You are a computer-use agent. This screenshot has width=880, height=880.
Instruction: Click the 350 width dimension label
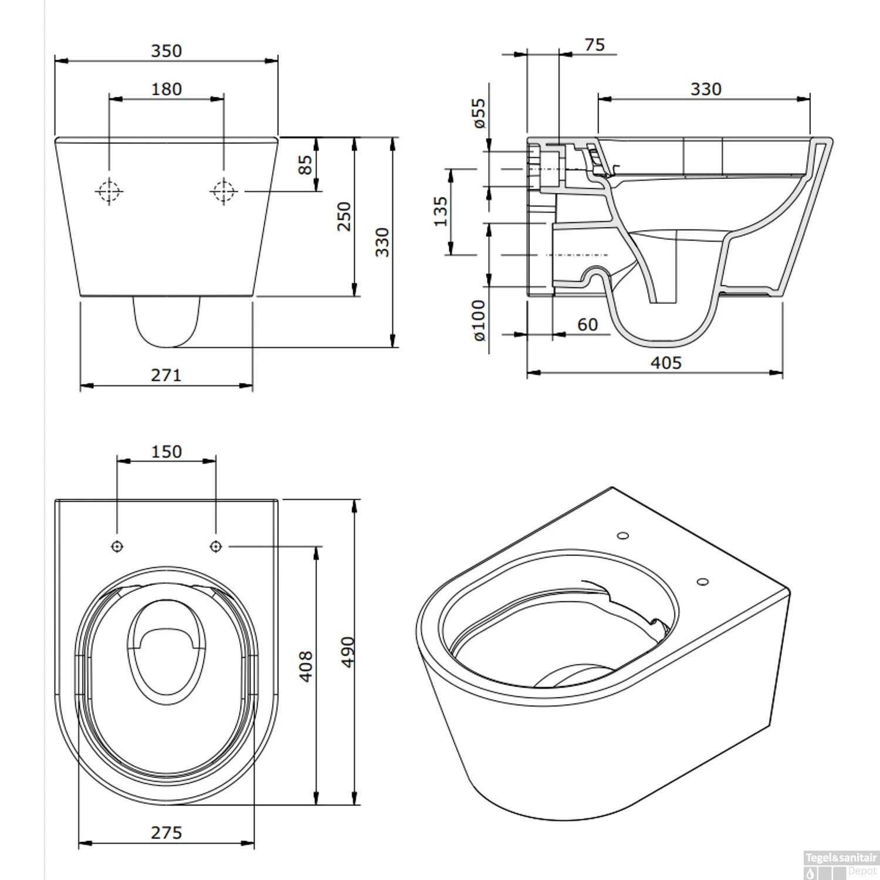(x=167, y=51)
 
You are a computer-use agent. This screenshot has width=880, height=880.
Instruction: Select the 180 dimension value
(x=167, y=89)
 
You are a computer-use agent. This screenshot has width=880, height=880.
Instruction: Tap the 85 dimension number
(x=306, y=164)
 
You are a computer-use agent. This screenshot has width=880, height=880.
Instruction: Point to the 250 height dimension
(x=344, y=216)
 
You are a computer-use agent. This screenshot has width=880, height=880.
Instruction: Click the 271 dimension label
(x=166, y=375)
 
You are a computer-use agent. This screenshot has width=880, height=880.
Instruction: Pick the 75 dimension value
(x=594, y=45)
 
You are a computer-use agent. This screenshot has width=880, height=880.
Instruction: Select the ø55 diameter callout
(x=479, y=113)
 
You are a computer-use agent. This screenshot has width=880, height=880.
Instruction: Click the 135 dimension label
(x=440, y=212)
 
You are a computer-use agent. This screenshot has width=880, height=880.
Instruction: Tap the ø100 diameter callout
(x=479, y=320)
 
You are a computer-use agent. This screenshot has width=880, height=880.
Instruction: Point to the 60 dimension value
(x=587, y=324)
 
